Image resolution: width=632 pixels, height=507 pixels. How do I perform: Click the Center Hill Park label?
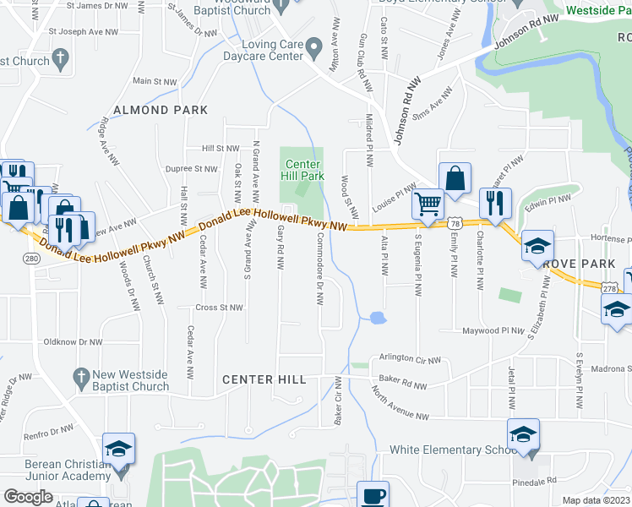coord(302,170)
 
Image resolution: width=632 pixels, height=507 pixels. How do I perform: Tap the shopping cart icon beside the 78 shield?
coord(428,204)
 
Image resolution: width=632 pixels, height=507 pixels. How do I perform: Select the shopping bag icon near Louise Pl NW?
coord(454,178)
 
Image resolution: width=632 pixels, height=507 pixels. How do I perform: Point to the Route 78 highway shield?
coord(455,223)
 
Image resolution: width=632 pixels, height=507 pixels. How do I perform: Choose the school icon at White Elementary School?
coord(524,434)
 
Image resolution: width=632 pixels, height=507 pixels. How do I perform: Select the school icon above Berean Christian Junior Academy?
coord(118,449)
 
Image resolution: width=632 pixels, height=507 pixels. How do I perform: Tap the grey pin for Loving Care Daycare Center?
coord(314,48)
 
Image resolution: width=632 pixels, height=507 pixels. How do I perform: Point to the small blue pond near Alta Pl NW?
coord(377,319)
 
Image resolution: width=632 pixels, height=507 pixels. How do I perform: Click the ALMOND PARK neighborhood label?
coord(161,111)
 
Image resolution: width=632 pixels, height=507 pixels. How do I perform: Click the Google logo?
coord(28,497)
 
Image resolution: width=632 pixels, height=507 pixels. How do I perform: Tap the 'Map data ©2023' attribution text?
coord(597,500)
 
